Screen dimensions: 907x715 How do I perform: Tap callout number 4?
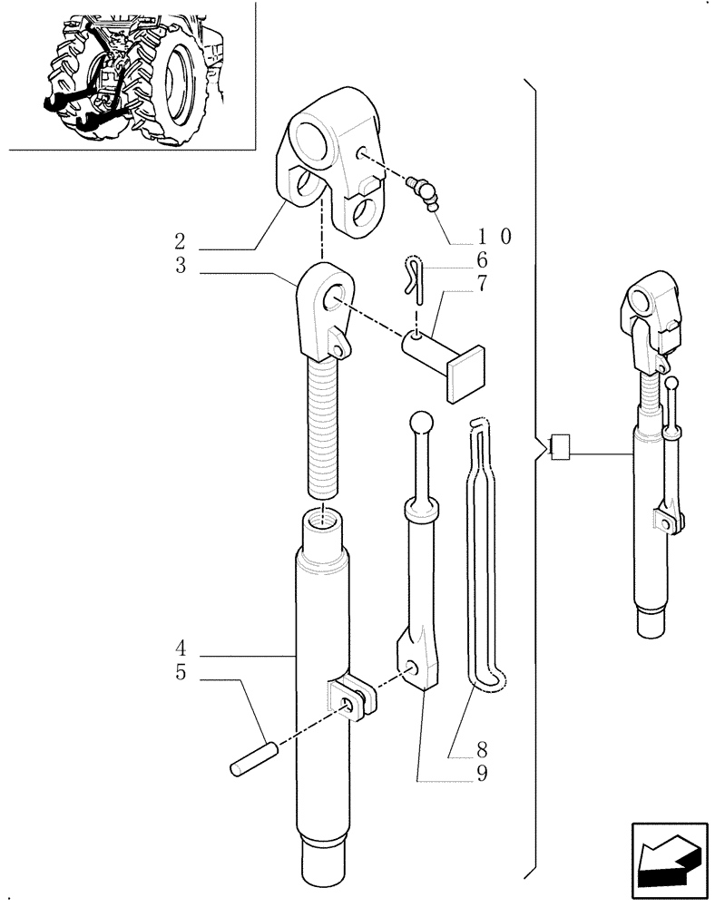(x=181, y=649)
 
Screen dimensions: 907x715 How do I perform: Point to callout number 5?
(x=181, y=675)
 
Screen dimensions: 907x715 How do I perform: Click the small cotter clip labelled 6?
(x=412, y=278)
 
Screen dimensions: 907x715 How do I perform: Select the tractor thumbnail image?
(x=128, y=76)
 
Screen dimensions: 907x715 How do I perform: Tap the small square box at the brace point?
(x=560, y=445)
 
